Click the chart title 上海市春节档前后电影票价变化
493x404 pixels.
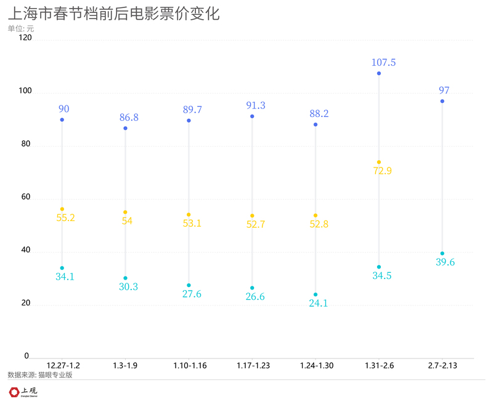click(113, 14)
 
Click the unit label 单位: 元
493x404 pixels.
click(21, 28)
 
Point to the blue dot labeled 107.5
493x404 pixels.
click(378, 73)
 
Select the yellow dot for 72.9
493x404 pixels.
click(378, 162)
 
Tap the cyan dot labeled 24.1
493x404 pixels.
click(316, 294)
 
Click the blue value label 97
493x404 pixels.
click(444, 91)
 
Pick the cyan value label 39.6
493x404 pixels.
click(444, 262)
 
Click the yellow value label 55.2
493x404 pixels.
click(65, 217)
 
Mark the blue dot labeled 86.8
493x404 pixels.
click(125, 128)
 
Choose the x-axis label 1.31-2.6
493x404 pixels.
click(379, 366)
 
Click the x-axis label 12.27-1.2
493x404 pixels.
click(63, 366)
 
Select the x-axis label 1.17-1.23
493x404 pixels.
click(253, 366)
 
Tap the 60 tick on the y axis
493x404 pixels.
click(26, 198)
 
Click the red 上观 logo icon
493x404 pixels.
click(14, 392)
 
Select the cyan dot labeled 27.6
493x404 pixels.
click(189, 285)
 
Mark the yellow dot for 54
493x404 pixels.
click(125, 212)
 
